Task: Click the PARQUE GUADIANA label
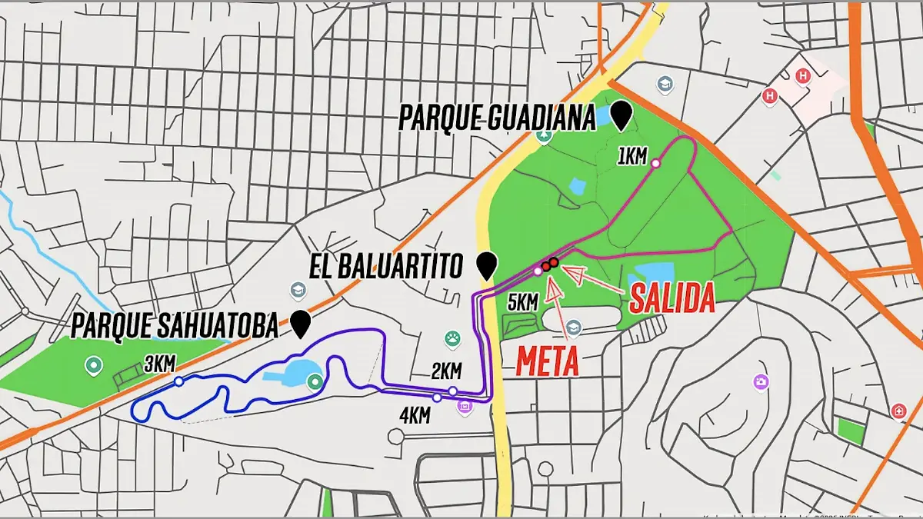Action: pyautogui.click(x=497, y=119)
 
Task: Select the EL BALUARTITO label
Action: pyautogui.click(x=386, y=267)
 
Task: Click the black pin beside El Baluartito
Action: pyautogui.click(x=485, y=264)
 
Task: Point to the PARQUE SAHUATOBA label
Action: pyautogui.click(x=174, y=326)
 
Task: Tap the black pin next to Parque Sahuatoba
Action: pyautogui.click(x=301, y=324)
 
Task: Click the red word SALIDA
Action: pyautogui.click(x=672, y=298)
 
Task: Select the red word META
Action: pyautogui.click(x=547, y=360)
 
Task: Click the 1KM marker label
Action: pyautogui.click(x=632, y=157)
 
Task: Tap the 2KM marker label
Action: pyautogui.click(x=445, y=372)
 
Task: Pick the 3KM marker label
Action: pyautogui.click(x=159, y=364)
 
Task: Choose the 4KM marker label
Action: pyautogui.click(x=415, y=415)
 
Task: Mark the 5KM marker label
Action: pyautogui.click(x=522, y=301)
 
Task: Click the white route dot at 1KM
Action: pyautogui.click(x=655, y=163)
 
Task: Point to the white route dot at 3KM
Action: pyautogui.click(x=178, y=381)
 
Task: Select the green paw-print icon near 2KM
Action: pyautogui.click(x=452, y=339)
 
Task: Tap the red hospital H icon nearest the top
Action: pyautogui.click(x=804, y=76)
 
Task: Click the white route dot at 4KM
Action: pyautogui.click(x=437, y=398)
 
